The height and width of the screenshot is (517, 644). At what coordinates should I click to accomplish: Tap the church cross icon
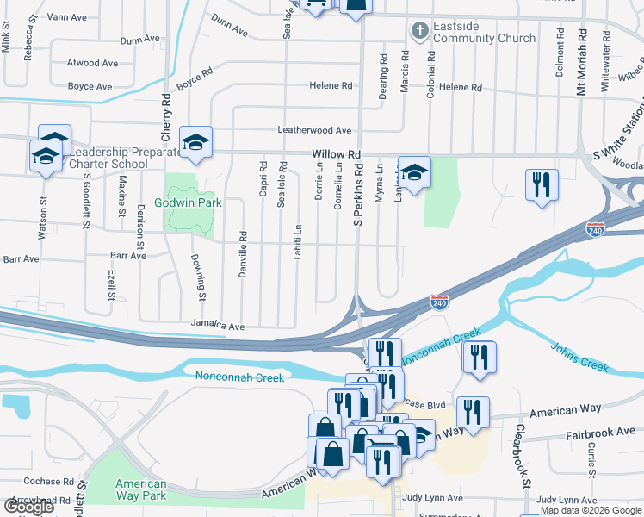[x=419, y=32]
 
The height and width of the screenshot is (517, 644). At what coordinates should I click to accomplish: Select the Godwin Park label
[x=188, y=203]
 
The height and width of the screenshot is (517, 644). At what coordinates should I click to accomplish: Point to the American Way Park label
[x=141, y=490]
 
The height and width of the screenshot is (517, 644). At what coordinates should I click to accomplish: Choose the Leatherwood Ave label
[x=314, y=130]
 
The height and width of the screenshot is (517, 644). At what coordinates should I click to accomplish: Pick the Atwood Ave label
[x=93, y=64]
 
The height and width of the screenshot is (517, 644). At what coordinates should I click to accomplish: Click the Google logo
[x=28, y=507]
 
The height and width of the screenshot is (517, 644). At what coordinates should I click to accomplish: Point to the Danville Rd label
[x=243, y=254]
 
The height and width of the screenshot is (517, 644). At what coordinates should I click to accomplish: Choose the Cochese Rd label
[x=48, y=482]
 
